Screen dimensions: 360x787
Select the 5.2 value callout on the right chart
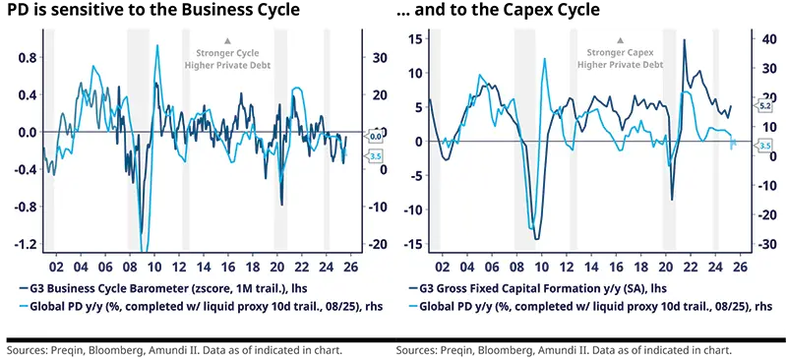click(764, 105)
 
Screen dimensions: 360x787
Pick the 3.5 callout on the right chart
click(764, 146)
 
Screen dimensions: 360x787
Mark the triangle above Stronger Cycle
click(227, 40)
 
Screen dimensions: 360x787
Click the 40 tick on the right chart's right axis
click(762, 39)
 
